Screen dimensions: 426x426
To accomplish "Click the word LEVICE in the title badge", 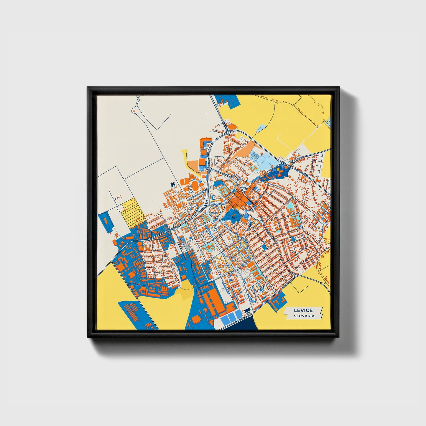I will (303, 310).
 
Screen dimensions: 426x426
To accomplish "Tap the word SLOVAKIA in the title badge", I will (304, 316).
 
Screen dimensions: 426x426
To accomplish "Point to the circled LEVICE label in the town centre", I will (213, 213).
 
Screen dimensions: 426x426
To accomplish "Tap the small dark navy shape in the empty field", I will (172, 184).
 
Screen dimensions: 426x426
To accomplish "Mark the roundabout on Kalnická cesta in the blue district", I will (152, 239).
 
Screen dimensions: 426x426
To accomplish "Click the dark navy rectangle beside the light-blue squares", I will (247, 310).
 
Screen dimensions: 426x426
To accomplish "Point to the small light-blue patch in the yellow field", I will (261, 128).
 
